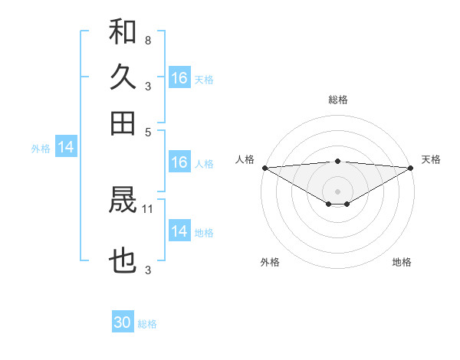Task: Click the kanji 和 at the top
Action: [x=123, y=33]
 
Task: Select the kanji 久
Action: [x=123, y=77]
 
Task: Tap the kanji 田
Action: [x=123, y=123]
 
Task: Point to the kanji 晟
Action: [x=123, y=201]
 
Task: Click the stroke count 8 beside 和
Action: [x=147, y=39]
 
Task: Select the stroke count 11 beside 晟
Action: [x=149, y=208]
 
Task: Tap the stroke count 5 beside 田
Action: [x=147, y=131]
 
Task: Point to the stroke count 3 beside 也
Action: [x=147, y=269]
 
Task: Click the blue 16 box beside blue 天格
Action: [x=179, y=78]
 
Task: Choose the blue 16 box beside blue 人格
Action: [x=179, y=162]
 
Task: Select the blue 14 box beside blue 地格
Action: [x=179, y=231]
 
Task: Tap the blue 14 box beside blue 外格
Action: [x=66, y=148]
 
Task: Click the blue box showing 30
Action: [x=123, y=322]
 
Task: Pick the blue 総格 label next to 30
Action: [x=147, y=324]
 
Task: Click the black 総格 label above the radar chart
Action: [x=337, y=100]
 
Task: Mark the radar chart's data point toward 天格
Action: [x=411, y=168]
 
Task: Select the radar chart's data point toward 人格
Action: [x=264, y=168]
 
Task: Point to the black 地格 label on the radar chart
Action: [x=402, y=262]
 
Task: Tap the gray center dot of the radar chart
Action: [x=337, y=191]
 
